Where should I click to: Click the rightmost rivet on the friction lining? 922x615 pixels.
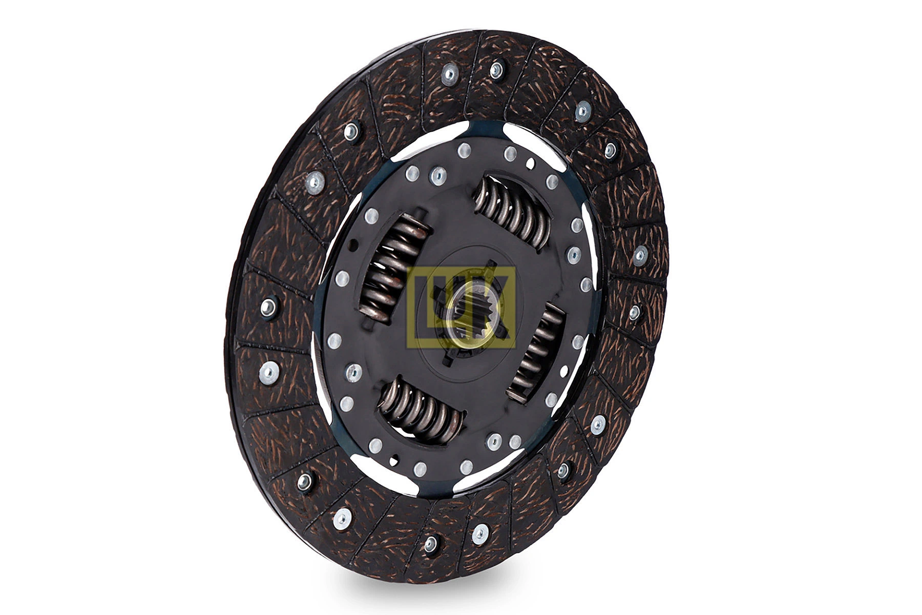coord(640,255)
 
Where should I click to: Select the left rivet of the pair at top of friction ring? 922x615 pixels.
coord(449,75)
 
